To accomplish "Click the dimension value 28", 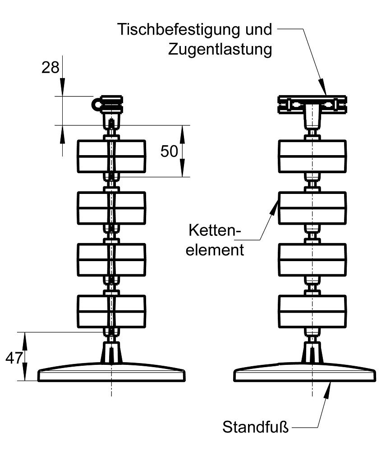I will (51, 68).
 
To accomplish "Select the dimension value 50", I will (170, 152).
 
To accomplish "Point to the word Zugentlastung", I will (221, 49).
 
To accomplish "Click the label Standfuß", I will (255, 426).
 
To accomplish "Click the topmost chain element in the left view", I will (112, 156).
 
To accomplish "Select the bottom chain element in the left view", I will (112, 311).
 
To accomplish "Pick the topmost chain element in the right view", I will (312, 156).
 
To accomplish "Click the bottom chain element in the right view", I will (312, 311).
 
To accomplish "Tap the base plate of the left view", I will (112, 373).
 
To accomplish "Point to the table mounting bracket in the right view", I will (312, 105).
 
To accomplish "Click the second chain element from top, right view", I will (312, 208).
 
